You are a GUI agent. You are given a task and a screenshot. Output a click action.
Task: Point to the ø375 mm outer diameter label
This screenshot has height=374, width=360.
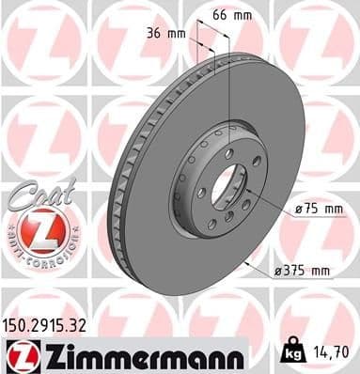(302, 271)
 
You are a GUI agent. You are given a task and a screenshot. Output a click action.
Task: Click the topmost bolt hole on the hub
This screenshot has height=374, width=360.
(228, 152)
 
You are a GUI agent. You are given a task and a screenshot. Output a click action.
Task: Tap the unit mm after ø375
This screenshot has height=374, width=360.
(321, 271)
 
